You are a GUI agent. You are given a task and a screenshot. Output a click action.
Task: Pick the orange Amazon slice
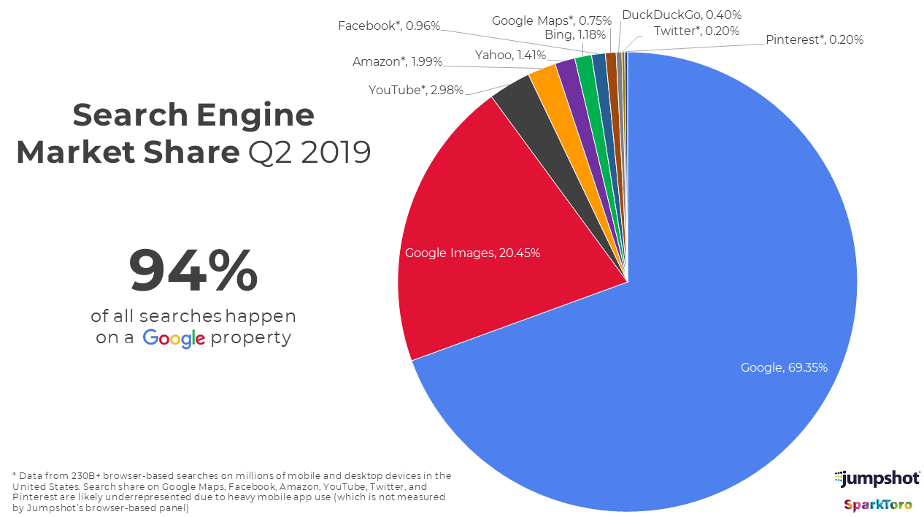pos(543,79)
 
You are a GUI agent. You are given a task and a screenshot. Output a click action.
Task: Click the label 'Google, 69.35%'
pos(784,367)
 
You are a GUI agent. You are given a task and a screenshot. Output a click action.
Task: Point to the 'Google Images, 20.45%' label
pos(472,253)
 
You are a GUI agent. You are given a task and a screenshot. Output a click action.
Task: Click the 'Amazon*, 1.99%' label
pos(397,62)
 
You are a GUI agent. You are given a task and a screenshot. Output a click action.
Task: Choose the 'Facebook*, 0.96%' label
pos(389,26)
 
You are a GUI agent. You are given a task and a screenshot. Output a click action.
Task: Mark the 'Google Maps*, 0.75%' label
pos(551,20)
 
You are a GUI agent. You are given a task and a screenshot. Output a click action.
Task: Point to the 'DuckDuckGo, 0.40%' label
pos(681,15)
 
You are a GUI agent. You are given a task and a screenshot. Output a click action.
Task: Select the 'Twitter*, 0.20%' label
pos(696,31)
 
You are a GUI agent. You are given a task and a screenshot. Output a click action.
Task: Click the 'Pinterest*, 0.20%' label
pos(814,40)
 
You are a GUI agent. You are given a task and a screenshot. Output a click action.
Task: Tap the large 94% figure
pos(193,271)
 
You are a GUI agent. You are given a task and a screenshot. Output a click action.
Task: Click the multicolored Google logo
pos(173,339)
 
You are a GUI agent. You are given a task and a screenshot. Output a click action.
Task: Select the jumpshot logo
pos(877,479)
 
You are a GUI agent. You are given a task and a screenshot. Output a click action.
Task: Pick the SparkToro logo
pos(878,505)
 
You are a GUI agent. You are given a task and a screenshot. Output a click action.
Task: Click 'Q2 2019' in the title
pos(308,153)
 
